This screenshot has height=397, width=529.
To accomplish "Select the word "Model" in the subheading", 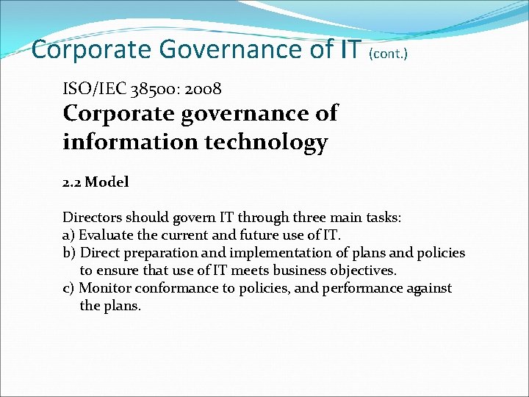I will (x=107, y=182).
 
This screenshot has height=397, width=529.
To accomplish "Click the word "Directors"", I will (x=93, y=218).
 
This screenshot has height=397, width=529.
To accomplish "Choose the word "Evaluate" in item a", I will (x=107, y=235).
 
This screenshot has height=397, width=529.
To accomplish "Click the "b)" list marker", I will (x=69, y=253).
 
